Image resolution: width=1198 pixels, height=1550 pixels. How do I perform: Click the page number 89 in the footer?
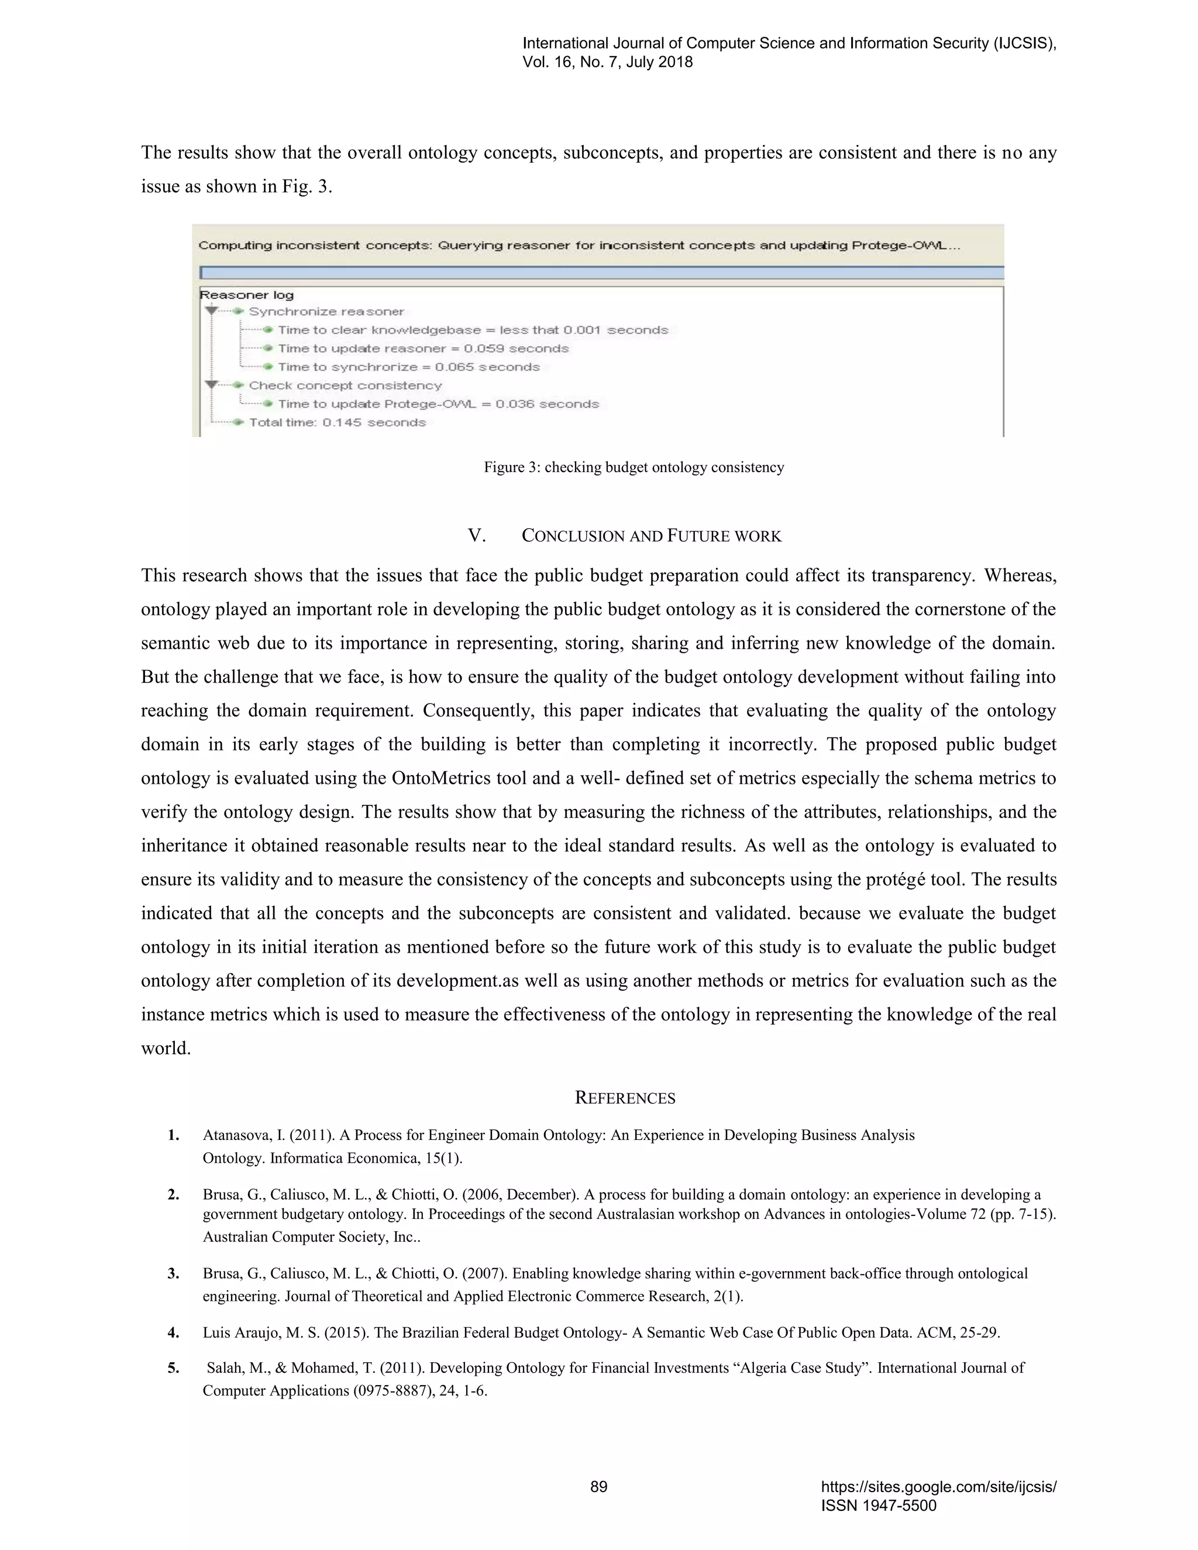[x=598, y=1486]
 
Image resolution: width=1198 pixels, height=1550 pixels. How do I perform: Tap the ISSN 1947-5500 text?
[x=878, y=1506]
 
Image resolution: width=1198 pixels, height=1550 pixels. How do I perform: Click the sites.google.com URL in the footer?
[x=938, y=1487]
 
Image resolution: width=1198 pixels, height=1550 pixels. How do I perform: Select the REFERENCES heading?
[x=625, y=1098]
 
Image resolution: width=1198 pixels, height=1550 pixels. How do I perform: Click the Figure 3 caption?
[x=634, y=467]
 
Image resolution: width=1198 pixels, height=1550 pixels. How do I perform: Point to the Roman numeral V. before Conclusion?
[x=476, y=536]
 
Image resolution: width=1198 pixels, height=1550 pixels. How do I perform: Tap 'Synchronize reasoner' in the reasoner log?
[x=326, y=312]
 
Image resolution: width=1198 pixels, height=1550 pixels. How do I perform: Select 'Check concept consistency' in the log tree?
[x=345, y=385]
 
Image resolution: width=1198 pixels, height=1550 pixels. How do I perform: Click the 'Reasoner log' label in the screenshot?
[x=246, y=295]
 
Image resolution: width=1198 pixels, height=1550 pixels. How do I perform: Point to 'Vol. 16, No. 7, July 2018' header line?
[x=608, y=62]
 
